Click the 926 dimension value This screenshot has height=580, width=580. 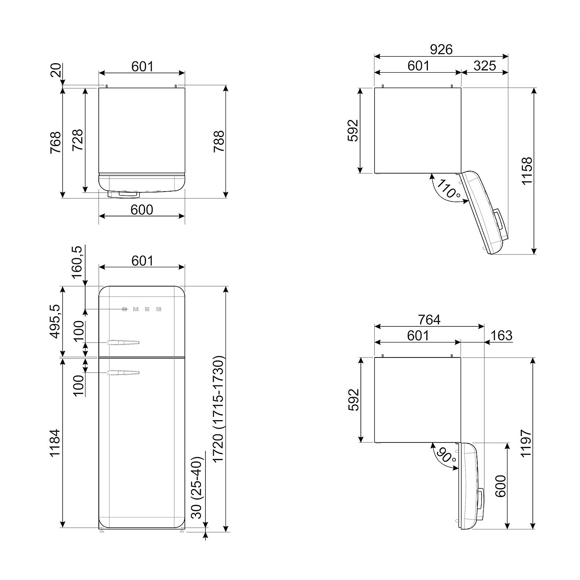point(441,49)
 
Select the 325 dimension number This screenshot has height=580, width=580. point(485,66)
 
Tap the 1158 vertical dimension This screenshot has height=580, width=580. point(527,171)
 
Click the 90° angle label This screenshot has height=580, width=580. point(446,456)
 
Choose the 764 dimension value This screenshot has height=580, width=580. point(429,320)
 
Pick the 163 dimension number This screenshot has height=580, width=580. point(501,335)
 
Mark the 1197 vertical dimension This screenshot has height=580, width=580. point(526,444)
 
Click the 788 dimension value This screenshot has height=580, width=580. point(219,141)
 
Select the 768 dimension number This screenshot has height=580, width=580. point(56,142)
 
